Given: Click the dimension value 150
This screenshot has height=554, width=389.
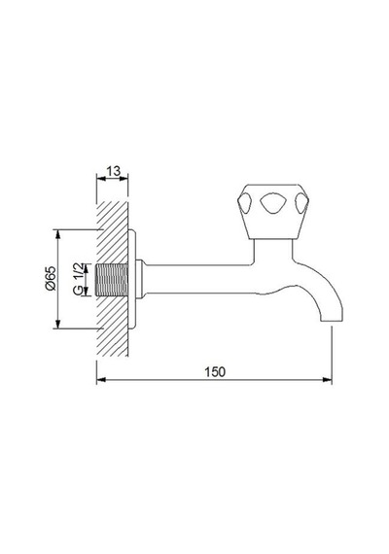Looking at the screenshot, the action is coord(215,371).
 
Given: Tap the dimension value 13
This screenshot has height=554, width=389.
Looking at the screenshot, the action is coord(113,171).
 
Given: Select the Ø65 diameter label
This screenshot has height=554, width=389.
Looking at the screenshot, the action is coord(51,278).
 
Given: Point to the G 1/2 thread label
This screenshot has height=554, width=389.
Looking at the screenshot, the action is coord(78,278).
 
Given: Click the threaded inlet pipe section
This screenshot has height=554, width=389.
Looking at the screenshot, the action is coord(112,280).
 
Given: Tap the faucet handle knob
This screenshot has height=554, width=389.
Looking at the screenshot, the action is coord(273,211).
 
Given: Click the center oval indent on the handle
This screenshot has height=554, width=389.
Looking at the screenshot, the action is coord(273,203).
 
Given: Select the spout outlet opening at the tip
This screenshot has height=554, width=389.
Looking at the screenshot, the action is coord(332,321).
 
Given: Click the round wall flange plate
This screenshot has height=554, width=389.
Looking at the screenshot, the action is coord(132,279).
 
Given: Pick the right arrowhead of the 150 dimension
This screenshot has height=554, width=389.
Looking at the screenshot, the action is coord(328,380).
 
